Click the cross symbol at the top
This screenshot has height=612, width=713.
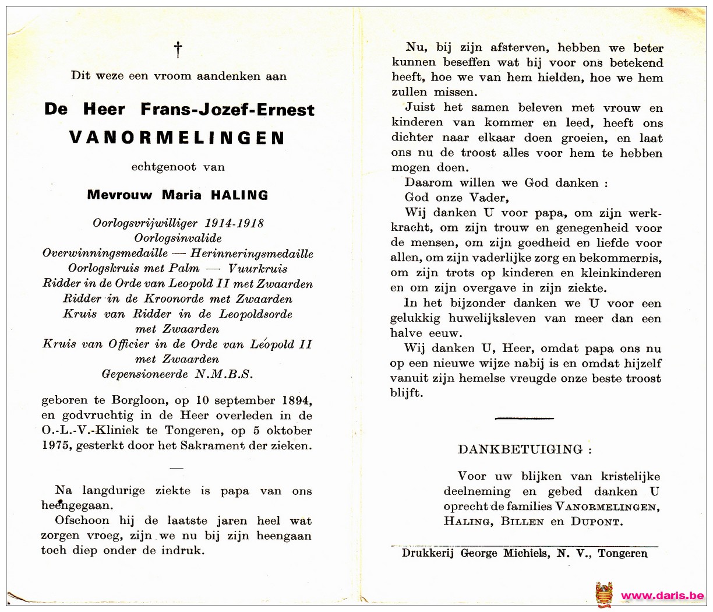click(178, 50)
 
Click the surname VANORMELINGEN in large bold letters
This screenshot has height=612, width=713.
click(177, 138)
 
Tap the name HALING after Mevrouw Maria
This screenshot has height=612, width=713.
click(239, 195)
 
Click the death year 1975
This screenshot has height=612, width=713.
click(55, 446)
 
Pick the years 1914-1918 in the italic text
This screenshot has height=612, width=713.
click(234, 223)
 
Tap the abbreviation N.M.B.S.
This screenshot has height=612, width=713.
click(224, 374)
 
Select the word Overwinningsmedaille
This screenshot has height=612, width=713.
click(105, 254)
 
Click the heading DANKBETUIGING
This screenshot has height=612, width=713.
click(520, 449)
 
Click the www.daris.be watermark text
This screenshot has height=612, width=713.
click(662, 596)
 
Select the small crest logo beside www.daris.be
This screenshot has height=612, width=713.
click(604, 595)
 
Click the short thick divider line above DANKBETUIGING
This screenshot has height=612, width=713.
click(524, 418)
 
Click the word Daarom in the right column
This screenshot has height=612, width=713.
click(429, 183)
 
